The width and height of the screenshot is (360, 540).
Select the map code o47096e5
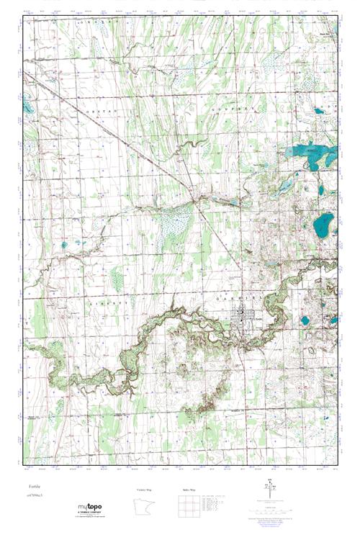[34, 497]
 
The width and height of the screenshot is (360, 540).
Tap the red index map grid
[188, 506]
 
